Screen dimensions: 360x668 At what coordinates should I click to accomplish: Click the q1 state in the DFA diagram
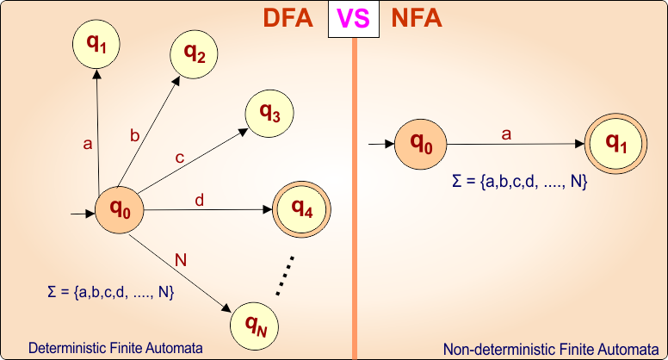tap(96, 43)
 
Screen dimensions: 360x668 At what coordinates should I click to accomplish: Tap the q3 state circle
tap(269, 113)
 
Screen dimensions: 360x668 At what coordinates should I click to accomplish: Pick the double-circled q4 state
tap(302, 208)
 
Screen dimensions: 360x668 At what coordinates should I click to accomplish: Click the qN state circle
tap(256, 325)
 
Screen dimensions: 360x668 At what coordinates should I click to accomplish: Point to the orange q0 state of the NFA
tap(421, 143)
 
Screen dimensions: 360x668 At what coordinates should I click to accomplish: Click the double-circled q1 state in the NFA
tap(616, 143)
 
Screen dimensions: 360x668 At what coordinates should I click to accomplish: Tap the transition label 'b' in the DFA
tap(134, 135)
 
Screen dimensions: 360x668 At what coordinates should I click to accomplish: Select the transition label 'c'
tap(179, 158)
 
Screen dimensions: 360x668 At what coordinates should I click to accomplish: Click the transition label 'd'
tap(200, 201)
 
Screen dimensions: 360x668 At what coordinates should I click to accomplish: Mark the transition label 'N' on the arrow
tap(180, 260)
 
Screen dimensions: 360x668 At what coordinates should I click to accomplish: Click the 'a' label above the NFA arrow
tap(506, 133)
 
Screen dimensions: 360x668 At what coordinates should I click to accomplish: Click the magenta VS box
tap(353, 20)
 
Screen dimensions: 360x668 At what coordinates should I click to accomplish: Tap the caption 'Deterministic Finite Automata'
tap(115, 348)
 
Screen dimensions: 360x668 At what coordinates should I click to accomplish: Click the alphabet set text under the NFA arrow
tap(519, 182)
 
